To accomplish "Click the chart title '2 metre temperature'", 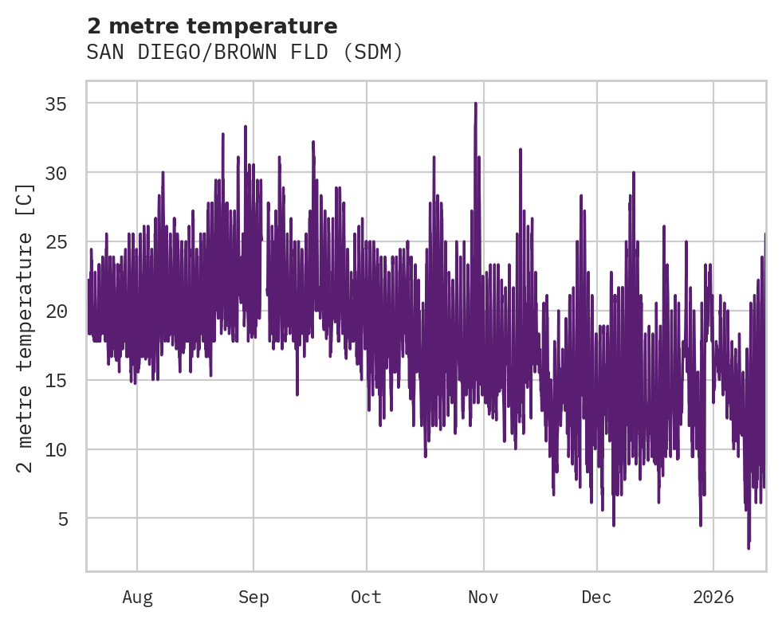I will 212,26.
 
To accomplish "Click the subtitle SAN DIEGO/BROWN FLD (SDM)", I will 245,53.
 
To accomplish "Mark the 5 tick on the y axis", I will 66,519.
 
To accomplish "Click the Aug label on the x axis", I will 137,598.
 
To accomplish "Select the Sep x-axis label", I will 253,598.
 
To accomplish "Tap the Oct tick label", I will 367,598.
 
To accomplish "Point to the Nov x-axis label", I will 483,598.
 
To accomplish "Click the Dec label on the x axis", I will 596,598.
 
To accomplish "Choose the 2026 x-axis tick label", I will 713,598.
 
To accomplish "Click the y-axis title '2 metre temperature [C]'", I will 26,327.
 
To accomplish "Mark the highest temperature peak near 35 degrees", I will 476,104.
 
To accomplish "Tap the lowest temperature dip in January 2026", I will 749,547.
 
